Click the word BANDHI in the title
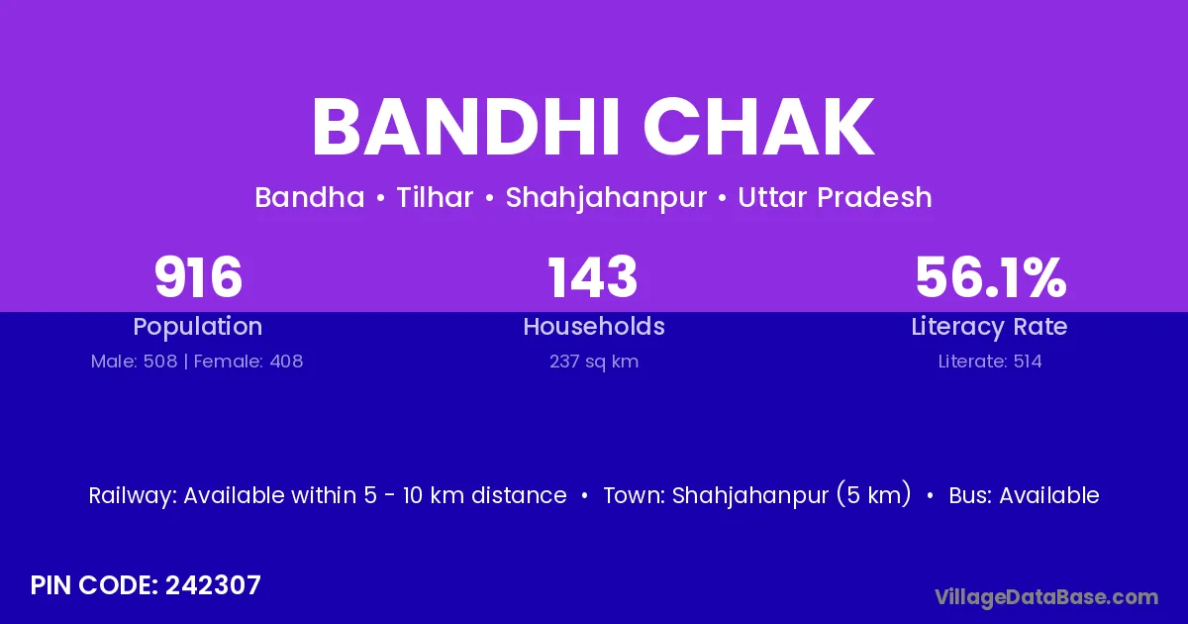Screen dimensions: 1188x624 tap(465, 128)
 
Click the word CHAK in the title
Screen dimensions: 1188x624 tap(758, 128)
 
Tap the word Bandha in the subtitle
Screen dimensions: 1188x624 tap(310, 197)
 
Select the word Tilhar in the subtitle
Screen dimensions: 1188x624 tap(435, 197)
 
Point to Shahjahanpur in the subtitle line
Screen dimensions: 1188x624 tap(606, 198)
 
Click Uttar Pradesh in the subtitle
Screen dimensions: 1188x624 tap(835, 197)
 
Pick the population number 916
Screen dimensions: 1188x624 tap(198, 277)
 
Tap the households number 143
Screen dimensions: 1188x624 tap(592, 277)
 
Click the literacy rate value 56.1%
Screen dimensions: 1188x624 tap(991, 277)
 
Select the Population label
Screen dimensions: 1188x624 tap(198, 327)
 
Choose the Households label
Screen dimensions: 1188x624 tap(594, 326)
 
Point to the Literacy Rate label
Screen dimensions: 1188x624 tap(989, 327)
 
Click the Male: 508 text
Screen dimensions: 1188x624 tap(135, 362)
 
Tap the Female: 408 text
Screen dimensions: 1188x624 tap(248, 362)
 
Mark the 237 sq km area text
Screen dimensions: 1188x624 tap(594, 362)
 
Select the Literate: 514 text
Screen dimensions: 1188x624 tap(990, 362)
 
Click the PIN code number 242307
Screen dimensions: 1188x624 tap(213, 585)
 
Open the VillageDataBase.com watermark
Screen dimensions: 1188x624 tap(1046, 597)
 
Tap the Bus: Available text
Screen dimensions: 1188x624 tap(1024, 495)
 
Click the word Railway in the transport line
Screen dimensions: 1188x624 tap(133, 496)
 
